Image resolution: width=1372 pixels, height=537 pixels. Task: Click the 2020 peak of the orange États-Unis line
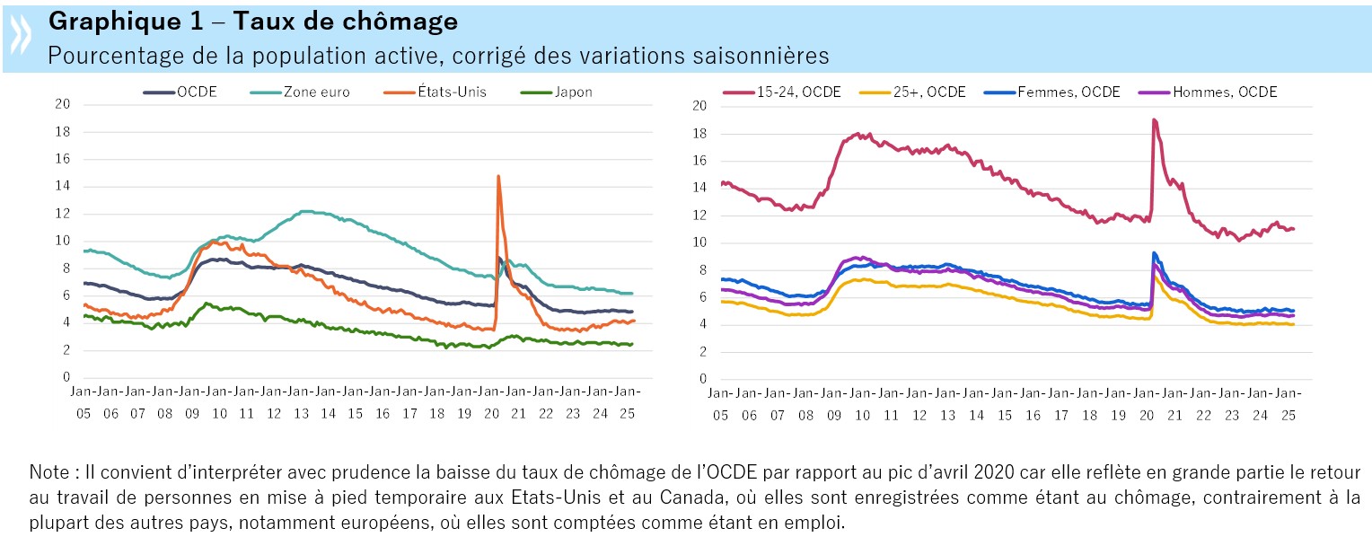click(x=497, y=177)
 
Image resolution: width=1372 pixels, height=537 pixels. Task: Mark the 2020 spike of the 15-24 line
click(x=1153, y=119)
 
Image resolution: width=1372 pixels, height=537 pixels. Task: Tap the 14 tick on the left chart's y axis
click(x=63, y=186)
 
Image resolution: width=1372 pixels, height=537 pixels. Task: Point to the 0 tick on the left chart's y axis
click(x=66, y=378)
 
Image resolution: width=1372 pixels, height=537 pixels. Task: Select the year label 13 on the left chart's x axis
click(x=301, y=414)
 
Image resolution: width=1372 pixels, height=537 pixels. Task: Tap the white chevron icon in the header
click(x=20, y=36)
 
